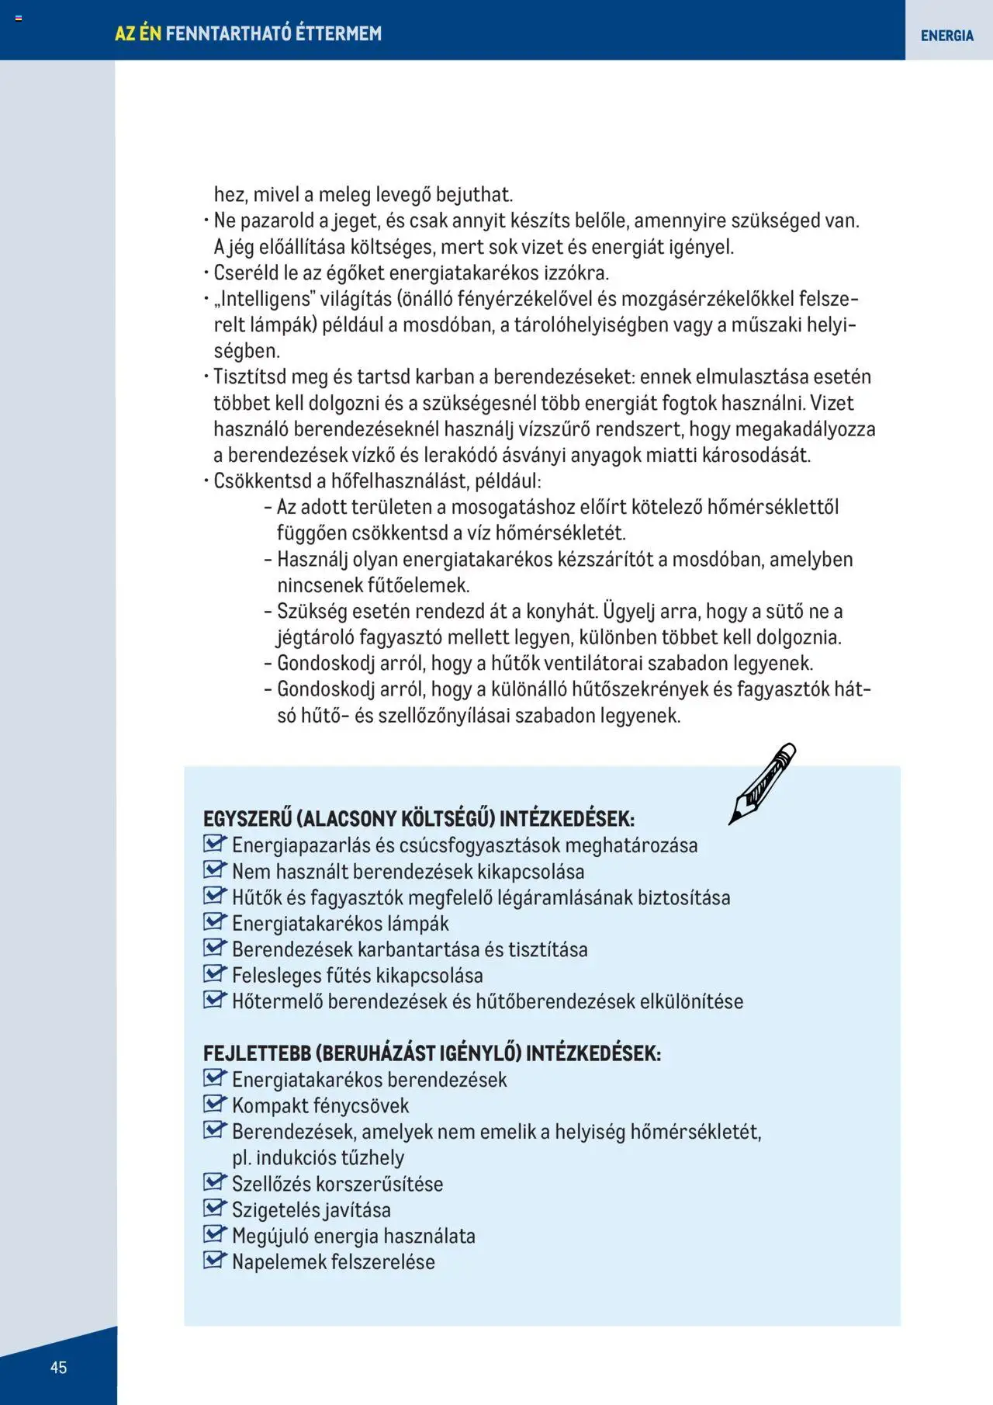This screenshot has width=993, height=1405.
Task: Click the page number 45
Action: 58,1367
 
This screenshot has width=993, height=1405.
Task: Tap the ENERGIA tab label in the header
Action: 946,36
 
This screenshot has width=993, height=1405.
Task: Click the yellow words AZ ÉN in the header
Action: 138,33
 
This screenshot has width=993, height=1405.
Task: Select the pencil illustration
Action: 762,783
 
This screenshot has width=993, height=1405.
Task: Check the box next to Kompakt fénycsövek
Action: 213,1104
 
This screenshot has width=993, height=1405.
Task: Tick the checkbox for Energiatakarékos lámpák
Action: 213,922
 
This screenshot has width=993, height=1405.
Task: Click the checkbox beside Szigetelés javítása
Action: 213,1208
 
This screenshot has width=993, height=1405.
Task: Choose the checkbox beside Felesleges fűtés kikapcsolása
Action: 213,974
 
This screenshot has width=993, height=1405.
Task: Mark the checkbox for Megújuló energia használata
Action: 213,1234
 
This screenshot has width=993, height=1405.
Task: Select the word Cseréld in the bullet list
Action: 242,273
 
